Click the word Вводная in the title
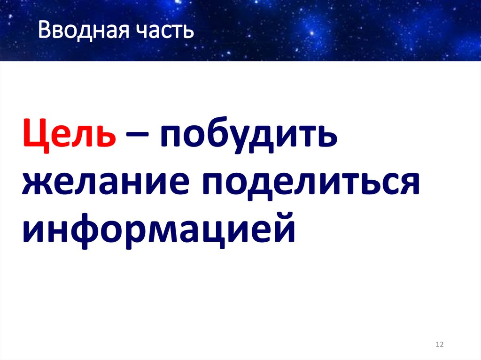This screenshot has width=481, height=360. pos(78,31)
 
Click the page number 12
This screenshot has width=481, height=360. pos(440,345)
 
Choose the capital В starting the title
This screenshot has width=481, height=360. pos(45,31)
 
